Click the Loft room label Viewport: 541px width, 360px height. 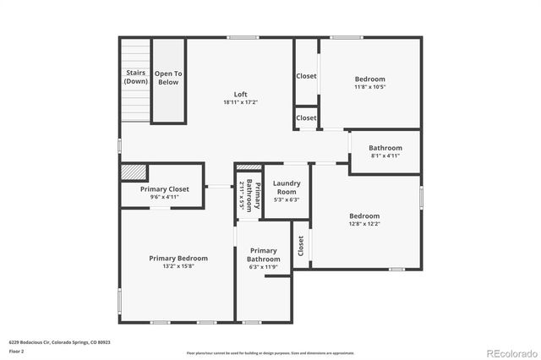[x=240, y=94]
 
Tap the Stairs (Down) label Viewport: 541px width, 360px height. [x=135, y=77]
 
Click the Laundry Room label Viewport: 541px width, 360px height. [x=287, y=187]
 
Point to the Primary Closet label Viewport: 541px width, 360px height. [x=162, y=189]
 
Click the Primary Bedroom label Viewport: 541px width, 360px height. [x=178, y=258]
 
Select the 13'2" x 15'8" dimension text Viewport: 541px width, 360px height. [x=178, y=266]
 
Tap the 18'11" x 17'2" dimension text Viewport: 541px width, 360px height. [x=240, y=102]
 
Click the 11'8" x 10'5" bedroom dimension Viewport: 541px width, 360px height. [x=370, y=87]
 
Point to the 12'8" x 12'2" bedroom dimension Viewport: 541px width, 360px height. [x=364, y=224]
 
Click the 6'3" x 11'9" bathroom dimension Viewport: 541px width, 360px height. [x=263, y=267]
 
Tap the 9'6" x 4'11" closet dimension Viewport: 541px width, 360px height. [x=162, y=198]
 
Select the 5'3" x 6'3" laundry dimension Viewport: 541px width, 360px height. [x=287, y=199]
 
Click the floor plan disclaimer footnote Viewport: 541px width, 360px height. [x=270, y=352]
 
